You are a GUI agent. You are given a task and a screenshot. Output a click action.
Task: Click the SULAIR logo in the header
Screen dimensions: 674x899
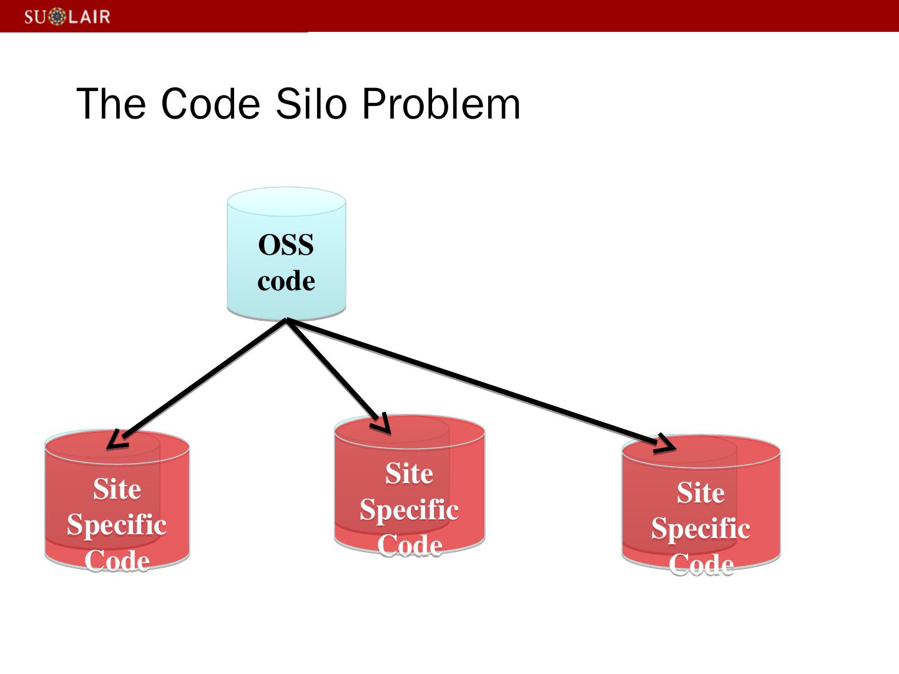(67, 16)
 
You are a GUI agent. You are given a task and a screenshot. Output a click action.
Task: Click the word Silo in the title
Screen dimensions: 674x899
(310, 104)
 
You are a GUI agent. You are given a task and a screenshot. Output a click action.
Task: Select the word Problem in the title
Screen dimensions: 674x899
(440, 104)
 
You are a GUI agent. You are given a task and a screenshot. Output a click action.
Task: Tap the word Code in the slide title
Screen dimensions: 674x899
(210, 104)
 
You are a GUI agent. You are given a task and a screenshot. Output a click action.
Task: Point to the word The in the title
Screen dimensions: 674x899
(111, 104)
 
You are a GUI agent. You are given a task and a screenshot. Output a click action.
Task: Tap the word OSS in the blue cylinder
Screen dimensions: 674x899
(286, 245)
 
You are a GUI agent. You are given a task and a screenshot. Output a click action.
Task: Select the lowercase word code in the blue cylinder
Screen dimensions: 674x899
(286, 281)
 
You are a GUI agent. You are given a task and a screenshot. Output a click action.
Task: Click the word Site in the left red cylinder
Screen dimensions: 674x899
(117, 489)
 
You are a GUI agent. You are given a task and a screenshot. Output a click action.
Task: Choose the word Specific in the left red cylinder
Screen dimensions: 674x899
(117, 524)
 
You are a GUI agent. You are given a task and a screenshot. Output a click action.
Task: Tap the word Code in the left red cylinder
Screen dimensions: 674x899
(117, 560)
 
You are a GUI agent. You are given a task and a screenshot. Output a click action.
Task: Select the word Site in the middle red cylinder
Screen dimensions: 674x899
(409, 474)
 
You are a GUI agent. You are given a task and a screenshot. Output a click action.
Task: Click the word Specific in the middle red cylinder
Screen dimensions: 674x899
(409, 509)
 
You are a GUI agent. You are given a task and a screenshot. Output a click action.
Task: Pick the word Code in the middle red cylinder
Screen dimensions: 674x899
(409, 545)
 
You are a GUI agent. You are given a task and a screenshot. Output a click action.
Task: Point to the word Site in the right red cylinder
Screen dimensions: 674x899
(700, 493)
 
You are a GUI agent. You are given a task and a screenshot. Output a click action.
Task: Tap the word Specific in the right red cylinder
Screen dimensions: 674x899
(700, 529)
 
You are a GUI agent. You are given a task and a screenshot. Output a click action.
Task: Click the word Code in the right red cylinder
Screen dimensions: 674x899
(700, 564)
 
